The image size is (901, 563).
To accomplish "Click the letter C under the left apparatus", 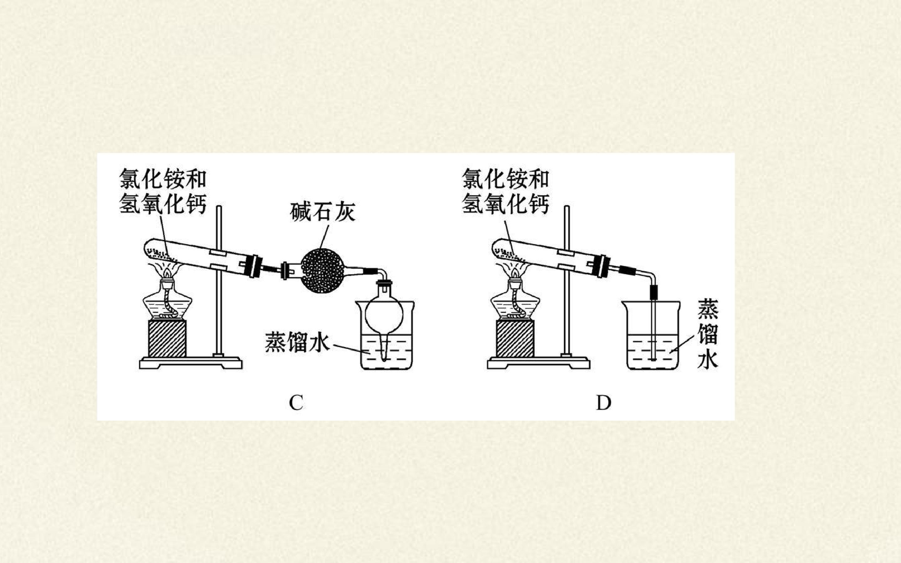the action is click(296, 402).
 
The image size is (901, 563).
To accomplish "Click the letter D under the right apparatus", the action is click(603, 402).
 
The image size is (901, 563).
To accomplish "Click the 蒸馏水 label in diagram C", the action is click(297, 342).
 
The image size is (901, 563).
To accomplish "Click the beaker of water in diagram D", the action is click(653, 335).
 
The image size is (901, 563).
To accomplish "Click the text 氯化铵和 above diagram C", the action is click(163, 179).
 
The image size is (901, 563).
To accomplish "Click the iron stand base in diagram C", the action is click(191, 363).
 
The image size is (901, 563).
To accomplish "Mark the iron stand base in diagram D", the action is click(538, 363).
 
